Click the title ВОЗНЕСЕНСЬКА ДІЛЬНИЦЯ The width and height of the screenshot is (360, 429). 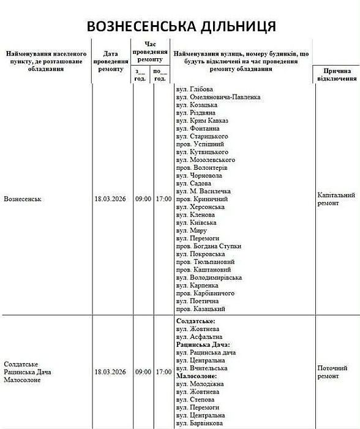pos(181,26)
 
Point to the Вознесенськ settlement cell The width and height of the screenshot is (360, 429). pos(26,199)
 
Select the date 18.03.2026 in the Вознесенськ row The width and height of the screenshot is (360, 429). pos(110,199)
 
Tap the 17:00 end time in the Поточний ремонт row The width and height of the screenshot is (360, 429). pos(163,372)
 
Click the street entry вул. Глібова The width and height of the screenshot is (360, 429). pos(195,89)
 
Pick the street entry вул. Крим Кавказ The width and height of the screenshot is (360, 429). pos(202,121)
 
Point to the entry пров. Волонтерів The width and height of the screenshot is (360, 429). pos(201,167)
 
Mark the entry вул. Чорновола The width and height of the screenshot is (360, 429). pos(199,175)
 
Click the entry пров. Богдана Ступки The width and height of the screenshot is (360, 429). pos(208,246)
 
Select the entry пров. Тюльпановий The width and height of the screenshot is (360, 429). pos(204,262)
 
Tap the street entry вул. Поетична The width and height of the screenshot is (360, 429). pos(197,302)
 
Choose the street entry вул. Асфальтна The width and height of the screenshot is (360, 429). pos(199,336)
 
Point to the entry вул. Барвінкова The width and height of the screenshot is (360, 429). pos(201,423)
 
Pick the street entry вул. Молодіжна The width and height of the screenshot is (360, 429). pos(200,384)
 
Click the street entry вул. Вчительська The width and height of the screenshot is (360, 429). pos(201,368)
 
